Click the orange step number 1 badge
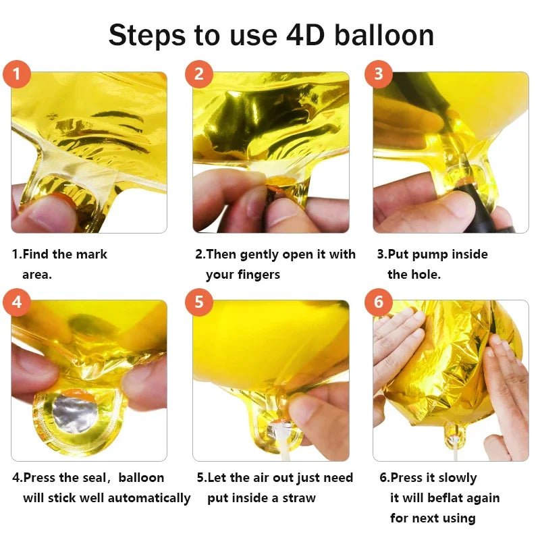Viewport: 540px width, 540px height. click(x=16, y=74)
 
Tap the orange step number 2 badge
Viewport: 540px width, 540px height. click(x=198, y=74)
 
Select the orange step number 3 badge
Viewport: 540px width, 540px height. click(x=379, y=74)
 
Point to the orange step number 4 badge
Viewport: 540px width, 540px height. click(x=16, y=302)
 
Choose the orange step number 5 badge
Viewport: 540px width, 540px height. click(x=198, y=302)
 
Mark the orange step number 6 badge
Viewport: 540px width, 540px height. click(x=379, y=302)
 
